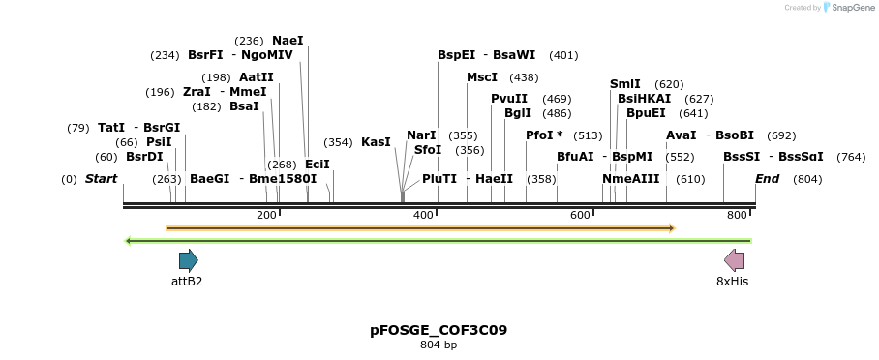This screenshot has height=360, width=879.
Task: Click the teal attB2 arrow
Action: tap(188, 259)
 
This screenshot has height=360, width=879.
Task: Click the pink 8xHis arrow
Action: tap(735, 259)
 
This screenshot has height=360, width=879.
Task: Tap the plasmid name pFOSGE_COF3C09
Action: tap(439, 330)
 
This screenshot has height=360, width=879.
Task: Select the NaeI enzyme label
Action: tap(288, 41)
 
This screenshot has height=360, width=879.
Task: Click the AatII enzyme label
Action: tap(257, 77)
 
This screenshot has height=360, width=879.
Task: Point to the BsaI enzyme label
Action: tap(244, 106)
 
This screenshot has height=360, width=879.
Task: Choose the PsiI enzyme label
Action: tap(159, 142)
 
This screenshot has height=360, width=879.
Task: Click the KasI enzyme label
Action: tap(376, 142)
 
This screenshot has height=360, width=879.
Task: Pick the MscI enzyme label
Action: tap(482, 77)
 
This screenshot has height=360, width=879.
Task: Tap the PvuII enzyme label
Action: tap(509, 99)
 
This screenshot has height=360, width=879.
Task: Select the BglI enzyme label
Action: tap(518, 113)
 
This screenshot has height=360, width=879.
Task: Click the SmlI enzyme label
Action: tap(625, 84)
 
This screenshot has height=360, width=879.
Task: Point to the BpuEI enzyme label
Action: tap(646, 113)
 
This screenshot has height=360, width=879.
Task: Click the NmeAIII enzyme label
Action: tap(631, 179)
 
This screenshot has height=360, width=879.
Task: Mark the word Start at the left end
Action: tap(101, 179)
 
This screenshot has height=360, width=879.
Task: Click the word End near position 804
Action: tap(767, 179)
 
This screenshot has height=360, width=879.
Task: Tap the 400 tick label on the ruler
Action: tap(423, 215)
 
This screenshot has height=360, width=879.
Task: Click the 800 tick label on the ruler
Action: tap(737, 215)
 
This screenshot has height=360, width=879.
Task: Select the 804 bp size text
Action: tap(439, 345)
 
